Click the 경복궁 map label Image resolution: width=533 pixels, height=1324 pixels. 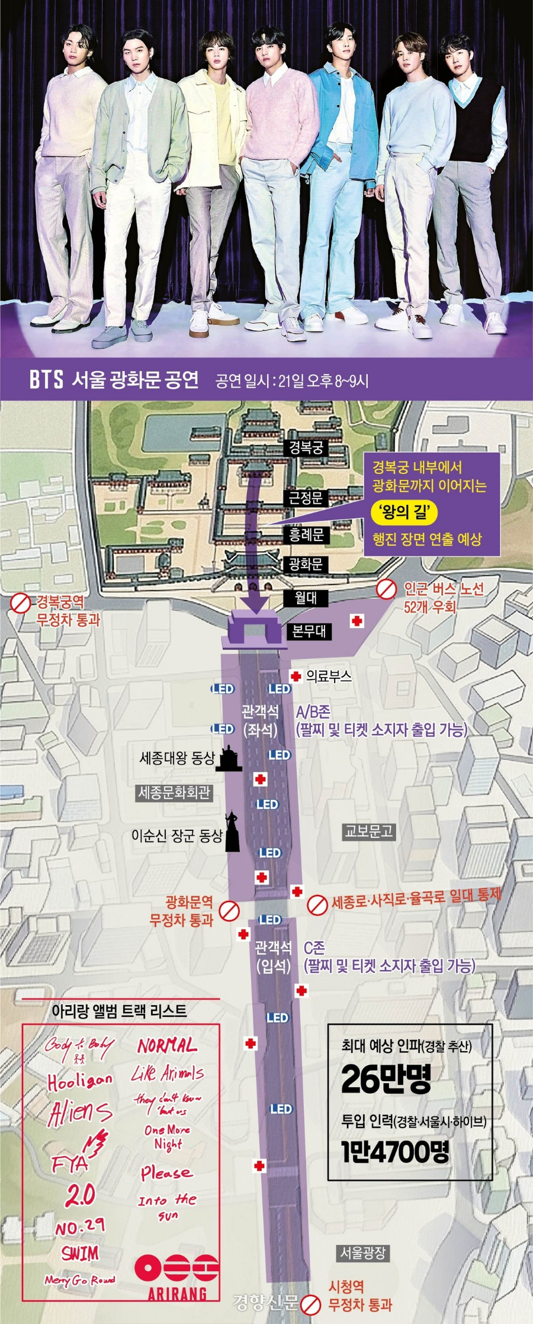tap(306, 447)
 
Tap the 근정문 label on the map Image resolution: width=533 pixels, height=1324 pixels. tap(306, 498)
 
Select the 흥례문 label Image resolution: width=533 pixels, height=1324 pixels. tap(306, 535)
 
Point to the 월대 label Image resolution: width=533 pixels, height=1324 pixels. tap(306, 598)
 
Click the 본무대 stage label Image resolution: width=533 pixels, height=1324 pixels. tap(308, 631)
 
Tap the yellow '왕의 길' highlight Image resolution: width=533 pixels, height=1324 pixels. tap(404, 511)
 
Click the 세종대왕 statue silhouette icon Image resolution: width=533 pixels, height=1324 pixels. tap(229, 758)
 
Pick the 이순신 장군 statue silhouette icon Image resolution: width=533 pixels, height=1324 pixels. tap(232, 832)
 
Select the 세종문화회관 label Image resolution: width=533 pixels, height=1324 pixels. tap(174, 793)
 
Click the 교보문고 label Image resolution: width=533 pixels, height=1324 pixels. tap(369, 832)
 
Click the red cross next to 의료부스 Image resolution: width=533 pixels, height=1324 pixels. tap(296, 676)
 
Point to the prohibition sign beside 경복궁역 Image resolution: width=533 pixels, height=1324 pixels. tap(21, 603)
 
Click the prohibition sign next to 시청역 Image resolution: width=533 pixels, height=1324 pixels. tap(310, 1304)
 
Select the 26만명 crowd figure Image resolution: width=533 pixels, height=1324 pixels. tap(386, 1078)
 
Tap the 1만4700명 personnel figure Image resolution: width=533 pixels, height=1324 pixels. tap(395, 1151)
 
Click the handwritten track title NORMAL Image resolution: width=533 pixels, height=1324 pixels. tap(167, 1046)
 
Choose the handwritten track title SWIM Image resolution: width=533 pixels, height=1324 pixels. tap(80, 1253)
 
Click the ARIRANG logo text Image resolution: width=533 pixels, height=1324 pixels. tap(177, 1294)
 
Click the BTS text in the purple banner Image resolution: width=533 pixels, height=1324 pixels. tap(46, 379)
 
